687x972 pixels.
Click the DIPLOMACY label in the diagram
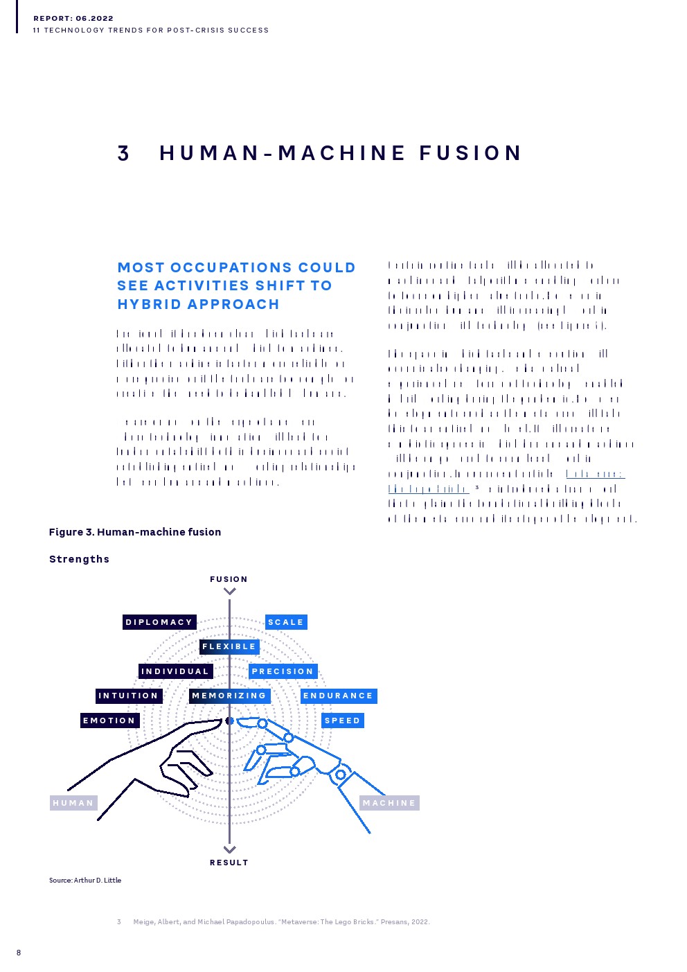pyautogui.click(x=159, y=622)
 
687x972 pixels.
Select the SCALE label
pyautogui.click(x=286, y=622)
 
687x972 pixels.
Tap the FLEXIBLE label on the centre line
pyautogui.click(x=229, y=647)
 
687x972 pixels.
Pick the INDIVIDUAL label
pyautogui.click(x=175, y=671)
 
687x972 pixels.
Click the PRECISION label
pyautogui.click(x=283, y=671)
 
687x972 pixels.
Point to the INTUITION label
pyautogui.click(x=129, y=696)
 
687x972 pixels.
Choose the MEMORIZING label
pyautogui.click(x=229, y=696)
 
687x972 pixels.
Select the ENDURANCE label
pyautogui.click(x=338, y=696)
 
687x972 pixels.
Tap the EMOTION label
pyautogui.click(x=109, y=721)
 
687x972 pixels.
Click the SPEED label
pyautogui.click(x=342, y=721)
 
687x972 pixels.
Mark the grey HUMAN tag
pyautogui.click(x=73, y=803)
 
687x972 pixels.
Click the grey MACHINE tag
pyautogui.click(x=389, y=803)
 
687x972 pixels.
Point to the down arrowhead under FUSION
pyautogui.click(x=230, y=592)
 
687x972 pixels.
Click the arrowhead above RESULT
pyautogui.click(x=230, y=849)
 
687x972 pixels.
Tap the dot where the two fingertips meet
pyautogui.click(x=230, y=721)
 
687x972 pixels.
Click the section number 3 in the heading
pyautogui.click(x=123, y=153)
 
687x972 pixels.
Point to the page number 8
pyautogui.click(x=19, y=953)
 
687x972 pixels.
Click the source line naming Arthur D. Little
pyautogui.click(x=85, y=881)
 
